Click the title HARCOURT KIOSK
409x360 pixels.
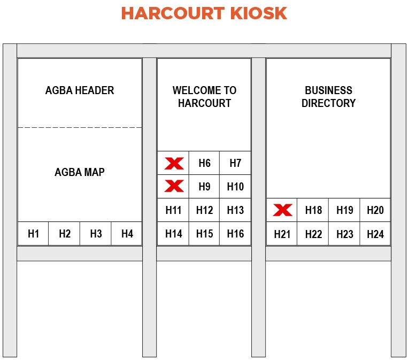coord(204,13)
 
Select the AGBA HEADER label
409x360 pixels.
coord(80,90)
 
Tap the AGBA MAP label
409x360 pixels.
coord(80,172)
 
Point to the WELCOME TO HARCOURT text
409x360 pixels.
coord(204,97)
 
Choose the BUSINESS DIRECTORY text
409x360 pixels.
coord(328,97)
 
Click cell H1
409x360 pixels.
coord(33,234)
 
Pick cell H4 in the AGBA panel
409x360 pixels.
coord(127,234)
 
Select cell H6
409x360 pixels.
coord(204,163)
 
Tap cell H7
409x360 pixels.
coord(235,163)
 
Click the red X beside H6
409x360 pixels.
coord(174,163)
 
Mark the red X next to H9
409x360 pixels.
coord(174,186)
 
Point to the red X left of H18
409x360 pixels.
coord(282,210)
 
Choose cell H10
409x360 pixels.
coord(235,187)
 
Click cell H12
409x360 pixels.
coord(204,210)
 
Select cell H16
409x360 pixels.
coord(235,234)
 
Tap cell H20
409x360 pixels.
coord(375,210)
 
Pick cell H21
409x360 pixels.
coord(282,234)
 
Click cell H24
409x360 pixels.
coord(375,234)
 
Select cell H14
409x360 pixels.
coord(173,234)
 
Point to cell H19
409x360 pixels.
coord(344,210)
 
